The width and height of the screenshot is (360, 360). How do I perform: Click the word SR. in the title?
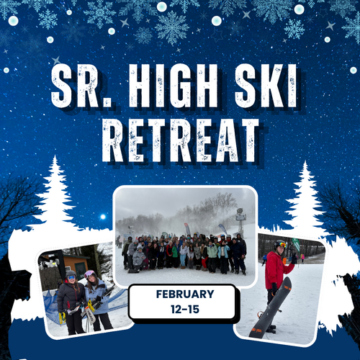click(81, 86)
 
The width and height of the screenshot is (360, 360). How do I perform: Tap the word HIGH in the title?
click(173, 86)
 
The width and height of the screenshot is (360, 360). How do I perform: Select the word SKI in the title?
click(266, 86)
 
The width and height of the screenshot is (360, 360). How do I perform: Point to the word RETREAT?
click(181, 140)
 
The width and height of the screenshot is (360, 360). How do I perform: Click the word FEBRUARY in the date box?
click(185, 294)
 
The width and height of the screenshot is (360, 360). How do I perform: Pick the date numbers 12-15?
click(185, 309)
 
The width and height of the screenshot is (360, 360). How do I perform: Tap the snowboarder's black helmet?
click(280, 245)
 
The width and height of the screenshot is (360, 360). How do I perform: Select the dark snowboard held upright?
click(271, 308)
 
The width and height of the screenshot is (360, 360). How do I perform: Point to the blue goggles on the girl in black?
click(71, 278)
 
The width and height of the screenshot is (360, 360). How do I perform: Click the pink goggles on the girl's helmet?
click(89, 274)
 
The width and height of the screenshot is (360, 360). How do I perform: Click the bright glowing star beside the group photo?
click(103, 217)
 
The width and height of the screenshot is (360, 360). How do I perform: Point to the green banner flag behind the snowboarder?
click(296, 245)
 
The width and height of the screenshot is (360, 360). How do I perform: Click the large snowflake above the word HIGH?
click(172, 27)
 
